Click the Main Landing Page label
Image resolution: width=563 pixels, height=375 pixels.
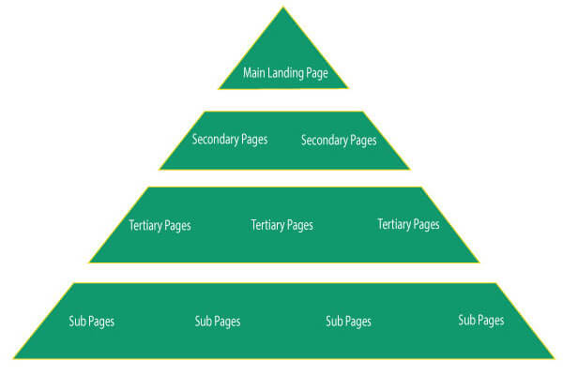[x=285, y=73]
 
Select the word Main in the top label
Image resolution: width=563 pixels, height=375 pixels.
[x=254, y=72]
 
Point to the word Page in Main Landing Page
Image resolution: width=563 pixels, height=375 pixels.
[x=317, y=74]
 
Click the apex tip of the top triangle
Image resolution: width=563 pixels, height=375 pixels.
[x=283, y=7]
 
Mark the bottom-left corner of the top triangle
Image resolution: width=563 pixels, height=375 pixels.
[x=219, y=89]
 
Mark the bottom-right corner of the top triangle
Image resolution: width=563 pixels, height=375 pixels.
[x=347, y=88]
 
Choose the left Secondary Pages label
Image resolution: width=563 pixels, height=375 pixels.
[x=230, y=140]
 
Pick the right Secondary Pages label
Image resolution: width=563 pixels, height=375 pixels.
[x=339, y=141]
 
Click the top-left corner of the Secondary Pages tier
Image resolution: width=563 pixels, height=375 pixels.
[x=205, y=112]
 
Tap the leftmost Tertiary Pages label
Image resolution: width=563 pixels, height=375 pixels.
[x=160, y=226]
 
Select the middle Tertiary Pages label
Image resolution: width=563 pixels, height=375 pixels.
[x=281, y=225]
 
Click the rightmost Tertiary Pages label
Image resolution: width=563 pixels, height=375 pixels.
[x=408, y=224]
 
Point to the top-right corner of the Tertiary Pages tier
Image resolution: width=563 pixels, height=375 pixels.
[x=420, y=187]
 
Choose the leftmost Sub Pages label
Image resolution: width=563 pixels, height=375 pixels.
[x=92, y=322]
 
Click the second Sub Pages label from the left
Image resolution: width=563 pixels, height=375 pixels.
[x=218, y=322]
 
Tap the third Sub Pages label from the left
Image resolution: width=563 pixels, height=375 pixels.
[x=348, y=322]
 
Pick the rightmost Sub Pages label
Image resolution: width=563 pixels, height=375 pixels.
[x=481, y=320]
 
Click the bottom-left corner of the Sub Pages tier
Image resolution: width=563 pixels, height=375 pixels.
[x=14, y=358]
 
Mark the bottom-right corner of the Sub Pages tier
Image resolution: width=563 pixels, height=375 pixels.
[x=555, y=358]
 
